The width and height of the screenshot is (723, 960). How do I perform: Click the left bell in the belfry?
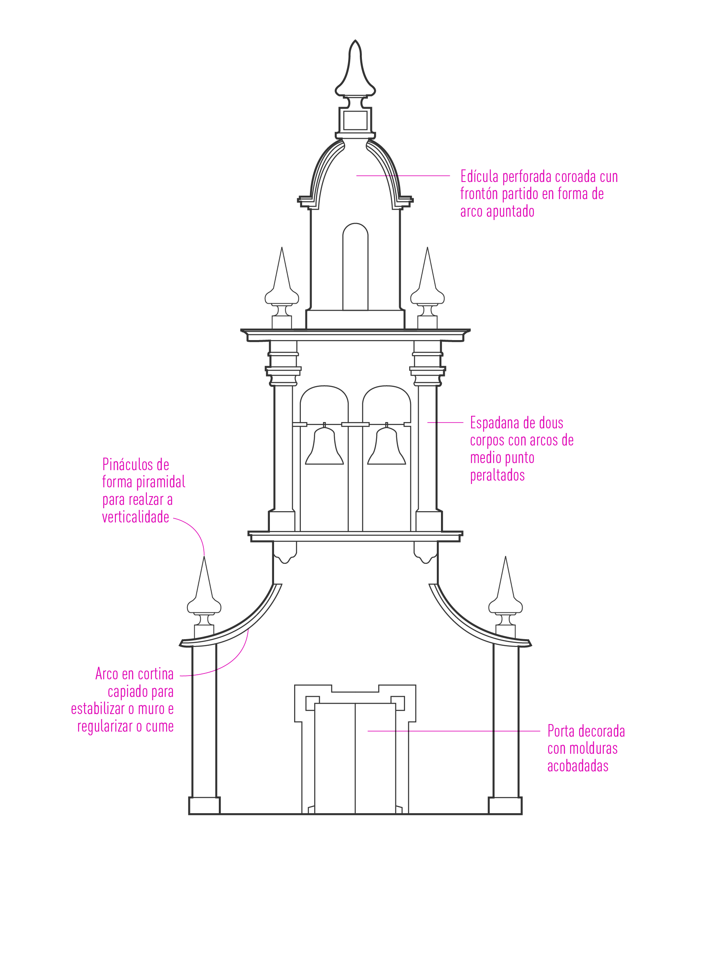(324, 445)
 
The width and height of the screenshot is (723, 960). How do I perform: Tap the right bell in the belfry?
(386, 445)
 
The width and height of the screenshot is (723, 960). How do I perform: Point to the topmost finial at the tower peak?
(355, 69)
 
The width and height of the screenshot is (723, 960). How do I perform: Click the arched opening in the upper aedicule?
(355, 267)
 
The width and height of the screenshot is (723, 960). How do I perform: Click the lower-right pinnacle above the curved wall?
(505, 597)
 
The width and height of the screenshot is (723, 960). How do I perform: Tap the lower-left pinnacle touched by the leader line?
(204, 597)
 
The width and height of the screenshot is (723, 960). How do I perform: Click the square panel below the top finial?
(355, 120)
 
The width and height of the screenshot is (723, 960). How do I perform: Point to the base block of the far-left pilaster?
(205, 806)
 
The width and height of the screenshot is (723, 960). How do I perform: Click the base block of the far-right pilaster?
(505, 806)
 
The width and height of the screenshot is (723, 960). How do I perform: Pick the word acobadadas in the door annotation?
(578, 766)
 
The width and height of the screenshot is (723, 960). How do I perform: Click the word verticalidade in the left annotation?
(136, 517)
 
